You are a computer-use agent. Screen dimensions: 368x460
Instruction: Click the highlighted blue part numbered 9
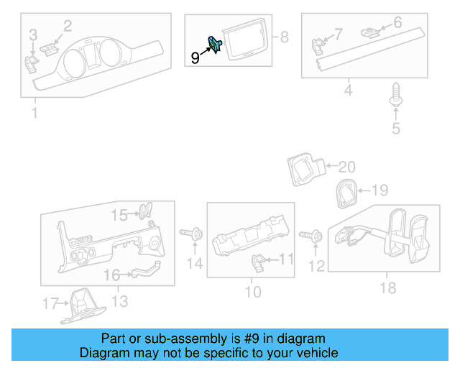pyautogui.click(x=214, y=45)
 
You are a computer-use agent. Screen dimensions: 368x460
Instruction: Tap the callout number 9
pyautogui.click(x=195, y=57)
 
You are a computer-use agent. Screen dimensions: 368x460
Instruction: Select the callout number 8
pyautogui.click(x=283, y=37)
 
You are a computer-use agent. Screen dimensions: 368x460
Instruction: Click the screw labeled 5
pyautogui.click(x=395, y=96)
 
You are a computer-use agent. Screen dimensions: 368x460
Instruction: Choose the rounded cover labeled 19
pyautogui.click(x=345, y=193)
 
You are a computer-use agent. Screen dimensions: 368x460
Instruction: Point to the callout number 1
pyautogui.click(x=33, y=114)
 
